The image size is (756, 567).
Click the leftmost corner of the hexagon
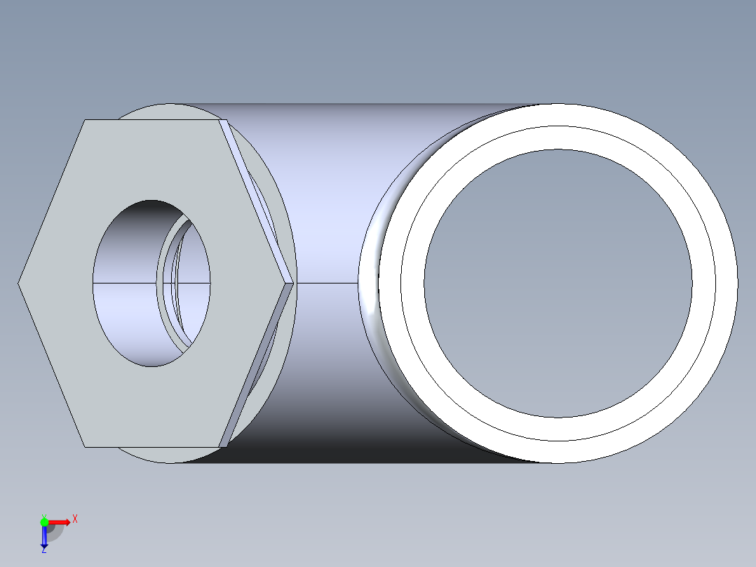point(18,283)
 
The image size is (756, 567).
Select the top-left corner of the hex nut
point(85,120)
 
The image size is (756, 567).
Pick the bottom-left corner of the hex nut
point(85,446)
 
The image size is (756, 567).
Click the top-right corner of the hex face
point(219,120)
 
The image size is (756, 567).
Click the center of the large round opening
point(558,283)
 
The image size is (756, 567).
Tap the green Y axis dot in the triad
point(44,521)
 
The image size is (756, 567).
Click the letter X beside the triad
point(74,519)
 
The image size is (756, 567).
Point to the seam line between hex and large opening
point(326,283)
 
